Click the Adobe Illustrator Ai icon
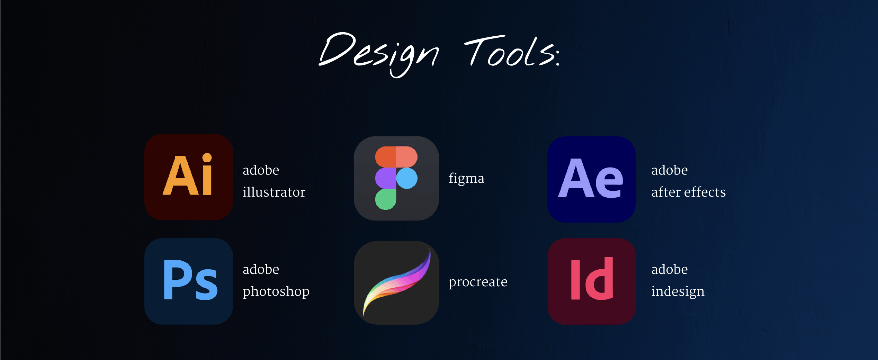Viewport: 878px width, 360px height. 188,177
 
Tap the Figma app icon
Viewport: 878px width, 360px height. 396,178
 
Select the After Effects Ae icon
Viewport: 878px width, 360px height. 591,179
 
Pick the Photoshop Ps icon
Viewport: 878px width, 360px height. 188,281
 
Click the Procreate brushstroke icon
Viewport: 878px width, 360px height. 396,282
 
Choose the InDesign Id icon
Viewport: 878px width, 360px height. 591,281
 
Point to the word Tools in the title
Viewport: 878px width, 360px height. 509,52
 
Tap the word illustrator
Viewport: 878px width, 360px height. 274,192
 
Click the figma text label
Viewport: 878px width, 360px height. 466,179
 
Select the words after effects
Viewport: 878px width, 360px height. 688,192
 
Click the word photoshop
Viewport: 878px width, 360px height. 276,291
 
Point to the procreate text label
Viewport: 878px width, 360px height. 478,282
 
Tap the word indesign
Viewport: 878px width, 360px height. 678,291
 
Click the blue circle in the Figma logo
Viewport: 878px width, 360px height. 407,178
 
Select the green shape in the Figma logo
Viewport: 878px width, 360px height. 385,199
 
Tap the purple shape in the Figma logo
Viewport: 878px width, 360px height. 385,178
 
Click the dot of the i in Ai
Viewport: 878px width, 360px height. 207,158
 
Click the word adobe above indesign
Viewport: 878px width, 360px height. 669,269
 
